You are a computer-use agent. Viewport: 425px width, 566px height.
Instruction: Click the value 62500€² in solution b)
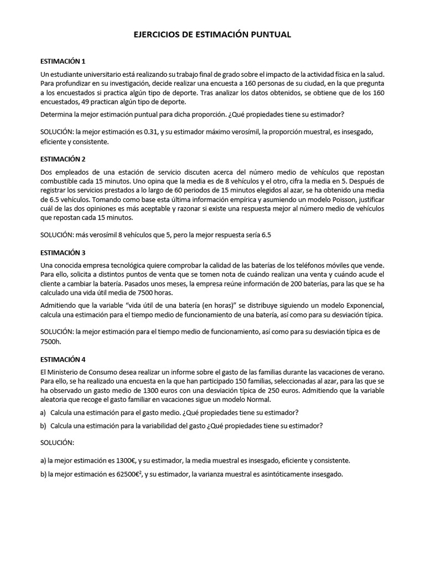(127, 474)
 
